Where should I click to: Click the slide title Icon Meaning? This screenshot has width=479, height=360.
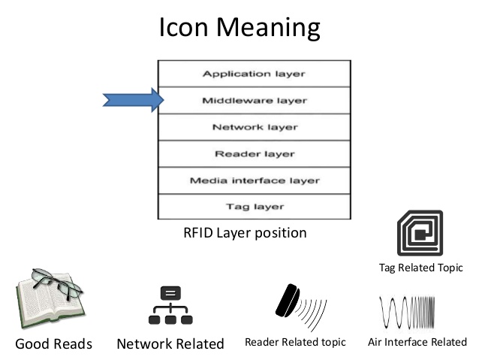point(239,29)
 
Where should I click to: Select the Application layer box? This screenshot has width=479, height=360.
point(255,74)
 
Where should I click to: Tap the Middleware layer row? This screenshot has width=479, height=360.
point(255,100)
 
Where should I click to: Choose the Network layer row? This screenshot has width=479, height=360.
point(255,127)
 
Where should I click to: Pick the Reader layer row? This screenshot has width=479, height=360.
point(255,154)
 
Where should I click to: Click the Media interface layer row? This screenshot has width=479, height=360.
point(255,180)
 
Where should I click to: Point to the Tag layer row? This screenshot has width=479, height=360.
point(255,206)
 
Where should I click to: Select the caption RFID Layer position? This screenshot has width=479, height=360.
point(245,233)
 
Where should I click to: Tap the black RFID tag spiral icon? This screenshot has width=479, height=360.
point(420,232)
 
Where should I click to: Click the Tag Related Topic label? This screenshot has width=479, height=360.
point(420,268)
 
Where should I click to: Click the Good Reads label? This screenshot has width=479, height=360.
point(53,344)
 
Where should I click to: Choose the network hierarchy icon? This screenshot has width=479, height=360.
point(170,307)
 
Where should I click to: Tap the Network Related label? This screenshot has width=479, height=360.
point(170,344)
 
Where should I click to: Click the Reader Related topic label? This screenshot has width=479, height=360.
point(295,343)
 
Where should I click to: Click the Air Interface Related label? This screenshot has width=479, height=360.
point(417,343)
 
